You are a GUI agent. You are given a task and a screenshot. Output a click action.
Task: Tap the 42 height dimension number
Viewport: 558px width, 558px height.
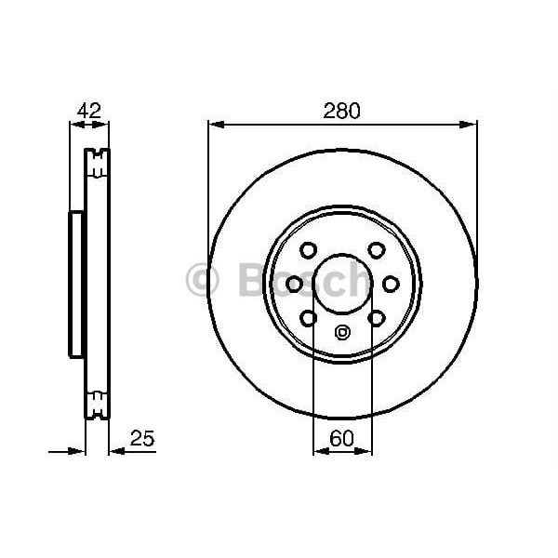(x=88, y=111)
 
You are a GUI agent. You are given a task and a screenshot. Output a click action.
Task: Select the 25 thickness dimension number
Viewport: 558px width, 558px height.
(x=140, y=437)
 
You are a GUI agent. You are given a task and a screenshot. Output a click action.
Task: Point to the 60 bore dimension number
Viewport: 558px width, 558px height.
(x=342, y=437)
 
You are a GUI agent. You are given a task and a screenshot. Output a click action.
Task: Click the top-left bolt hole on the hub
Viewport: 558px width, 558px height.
(x=308, y=249)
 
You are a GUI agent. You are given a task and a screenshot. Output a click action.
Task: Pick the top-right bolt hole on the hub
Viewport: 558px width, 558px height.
(x=377, y=249)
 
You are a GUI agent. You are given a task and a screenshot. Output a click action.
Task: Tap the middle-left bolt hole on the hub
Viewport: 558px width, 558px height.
(x=293, y=284)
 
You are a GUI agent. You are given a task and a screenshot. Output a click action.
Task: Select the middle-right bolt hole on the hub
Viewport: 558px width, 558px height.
(x=392, y=284)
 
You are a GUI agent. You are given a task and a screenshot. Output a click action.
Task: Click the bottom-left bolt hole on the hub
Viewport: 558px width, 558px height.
(x=308, y=318)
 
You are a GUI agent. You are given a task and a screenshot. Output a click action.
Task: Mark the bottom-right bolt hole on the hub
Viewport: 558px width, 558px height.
(x=377, y=318)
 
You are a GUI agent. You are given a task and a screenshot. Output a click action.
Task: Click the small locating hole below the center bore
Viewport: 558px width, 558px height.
(x=342, y=333)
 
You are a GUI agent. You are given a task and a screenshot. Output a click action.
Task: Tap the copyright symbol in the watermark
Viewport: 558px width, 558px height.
(x=203, y=280)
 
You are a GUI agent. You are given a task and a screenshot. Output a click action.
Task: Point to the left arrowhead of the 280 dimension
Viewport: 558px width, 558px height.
(x=214, y=123)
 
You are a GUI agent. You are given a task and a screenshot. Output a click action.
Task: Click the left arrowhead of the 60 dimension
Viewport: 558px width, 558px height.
(x=319, y=452)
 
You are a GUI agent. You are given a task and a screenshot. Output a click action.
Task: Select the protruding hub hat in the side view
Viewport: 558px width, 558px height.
(x=75, y=284)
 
